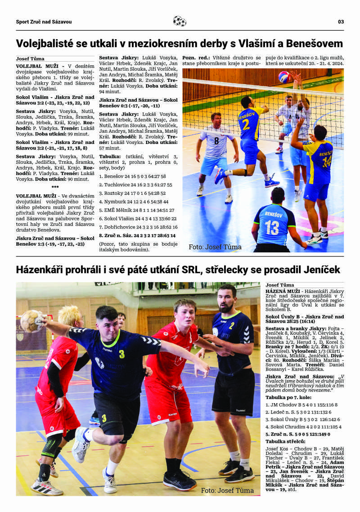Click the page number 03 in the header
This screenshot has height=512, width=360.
(x=341, y=22)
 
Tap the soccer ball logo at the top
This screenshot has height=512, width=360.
(x=180, y=21)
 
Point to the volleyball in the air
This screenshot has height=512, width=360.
(x=283, y=77)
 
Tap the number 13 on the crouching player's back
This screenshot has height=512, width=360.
(x=271, y=227)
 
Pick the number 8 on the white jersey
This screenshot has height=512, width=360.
(x=216, y=140)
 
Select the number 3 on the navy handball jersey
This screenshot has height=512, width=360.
(x=121, y=354)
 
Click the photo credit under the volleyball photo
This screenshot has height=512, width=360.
(x=215, y=247)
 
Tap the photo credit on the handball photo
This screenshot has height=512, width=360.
(x=227, y=490)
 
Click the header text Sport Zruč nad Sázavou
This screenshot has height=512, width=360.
(x=44, y=22)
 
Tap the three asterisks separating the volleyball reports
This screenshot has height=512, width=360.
(x=55, y=187)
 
